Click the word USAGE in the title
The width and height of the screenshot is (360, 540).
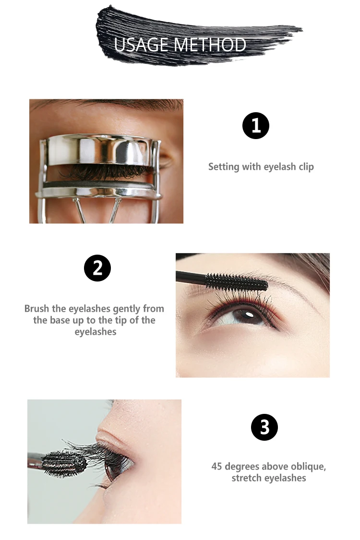point(142,45)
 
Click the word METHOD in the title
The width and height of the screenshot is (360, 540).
point(210,45)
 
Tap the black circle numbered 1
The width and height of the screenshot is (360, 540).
point(255,126)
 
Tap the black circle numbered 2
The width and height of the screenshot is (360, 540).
point(97,268)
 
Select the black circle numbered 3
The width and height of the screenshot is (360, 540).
point(264,427)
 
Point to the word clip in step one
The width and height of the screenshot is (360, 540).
point(306,167)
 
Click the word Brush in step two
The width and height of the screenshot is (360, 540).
point(36,308)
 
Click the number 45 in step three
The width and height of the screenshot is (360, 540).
point(216,466)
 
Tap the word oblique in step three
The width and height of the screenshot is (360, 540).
point(308,467)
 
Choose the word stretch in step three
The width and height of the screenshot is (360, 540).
point(245,478)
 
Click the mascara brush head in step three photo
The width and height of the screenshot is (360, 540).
point(64,464)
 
